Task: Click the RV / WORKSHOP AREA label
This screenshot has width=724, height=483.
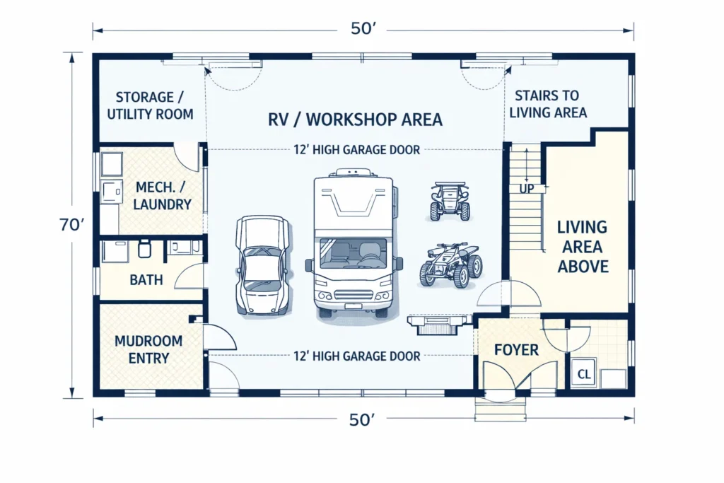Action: pyautogui.click(x=355, y=119)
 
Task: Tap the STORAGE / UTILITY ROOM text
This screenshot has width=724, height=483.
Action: pyautogui.click(x=150, y=105)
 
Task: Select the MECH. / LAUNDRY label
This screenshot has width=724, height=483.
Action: pyautogui.click(x=163, y=196)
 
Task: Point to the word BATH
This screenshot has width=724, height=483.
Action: pyautogui.click(x=146, y=280)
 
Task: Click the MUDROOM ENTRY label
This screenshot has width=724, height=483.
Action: pyautogui.click(x=148, y=349)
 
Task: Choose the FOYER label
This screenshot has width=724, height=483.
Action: pyautogui.click(x=516, y=350)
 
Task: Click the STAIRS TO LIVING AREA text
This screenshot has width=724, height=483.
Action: pyautogui.click(x=547, y=104)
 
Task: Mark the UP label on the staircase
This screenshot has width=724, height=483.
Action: pyautogui.click(x=527, y=190)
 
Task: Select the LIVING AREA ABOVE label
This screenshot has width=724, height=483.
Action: pyautogui.click(x=583, y=247)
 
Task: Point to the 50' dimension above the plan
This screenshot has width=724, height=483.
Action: pyautogui.click(x=362, y=30)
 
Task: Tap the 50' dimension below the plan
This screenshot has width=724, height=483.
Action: pyautogui.click(x=362, y=419)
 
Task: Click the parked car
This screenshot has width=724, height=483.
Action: pyautogui.click(x=262, y=265)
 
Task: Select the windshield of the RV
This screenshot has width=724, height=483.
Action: pyautogui.click(x=354, y=253)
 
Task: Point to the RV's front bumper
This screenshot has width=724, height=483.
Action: pyautogui.click(x=354, y=305)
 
